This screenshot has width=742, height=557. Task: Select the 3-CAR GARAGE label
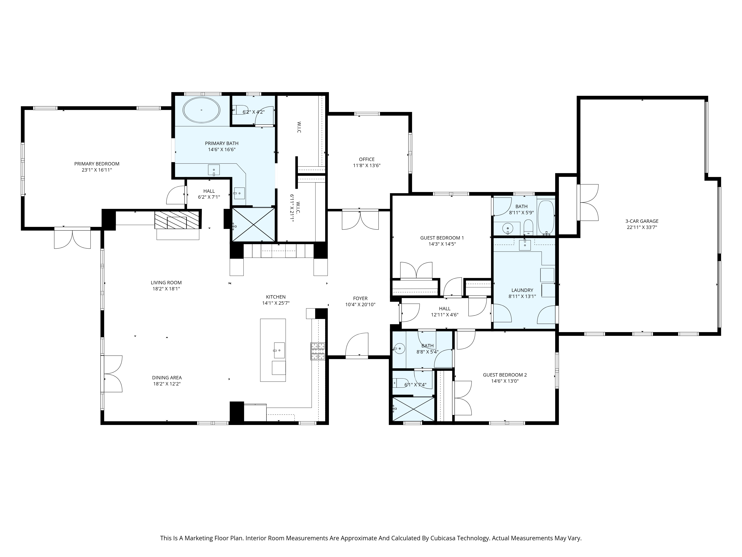point(642,221)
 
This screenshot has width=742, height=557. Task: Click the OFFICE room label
point(367,159)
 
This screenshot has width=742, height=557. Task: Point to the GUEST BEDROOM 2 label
point(505,375)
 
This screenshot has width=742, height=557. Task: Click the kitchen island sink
point(279,351)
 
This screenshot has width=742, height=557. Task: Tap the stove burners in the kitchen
point(318,351)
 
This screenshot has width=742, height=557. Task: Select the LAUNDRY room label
point(522,290)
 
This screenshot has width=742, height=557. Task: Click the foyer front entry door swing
point(357,344)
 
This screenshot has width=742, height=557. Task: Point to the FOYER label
point(360,299)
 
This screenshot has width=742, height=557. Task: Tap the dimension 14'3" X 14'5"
point(442,244)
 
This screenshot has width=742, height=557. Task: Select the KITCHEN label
point(276,297)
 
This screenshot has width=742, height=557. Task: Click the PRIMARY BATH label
point(222,143)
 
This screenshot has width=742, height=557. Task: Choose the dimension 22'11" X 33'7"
point(642,227)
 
